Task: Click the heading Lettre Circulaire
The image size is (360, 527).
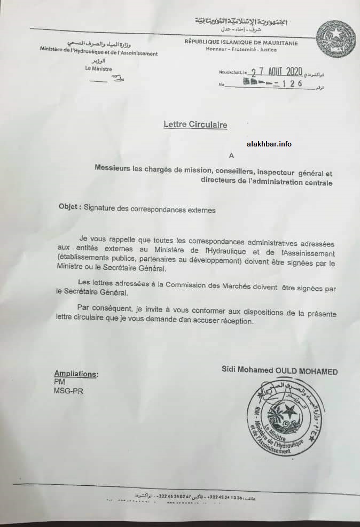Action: (x=195, y=125)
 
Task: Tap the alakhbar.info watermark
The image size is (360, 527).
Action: (x=269, y=144)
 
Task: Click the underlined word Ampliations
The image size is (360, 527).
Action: (x=76, y=374)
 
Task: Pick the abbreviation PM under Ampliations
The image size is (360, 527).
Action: (x=59, y=382)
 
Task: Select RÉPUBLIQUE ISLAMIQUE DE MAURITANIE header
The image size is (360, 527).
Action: (x=241, y=43)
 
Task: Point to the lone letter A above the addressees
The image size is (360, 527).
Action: (x=231, y=156)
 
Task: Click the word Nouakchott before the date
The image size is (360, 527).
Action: (x=229, y=72)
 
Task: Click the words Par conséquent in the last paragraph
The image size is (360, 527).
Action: (x=99, y=307)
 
